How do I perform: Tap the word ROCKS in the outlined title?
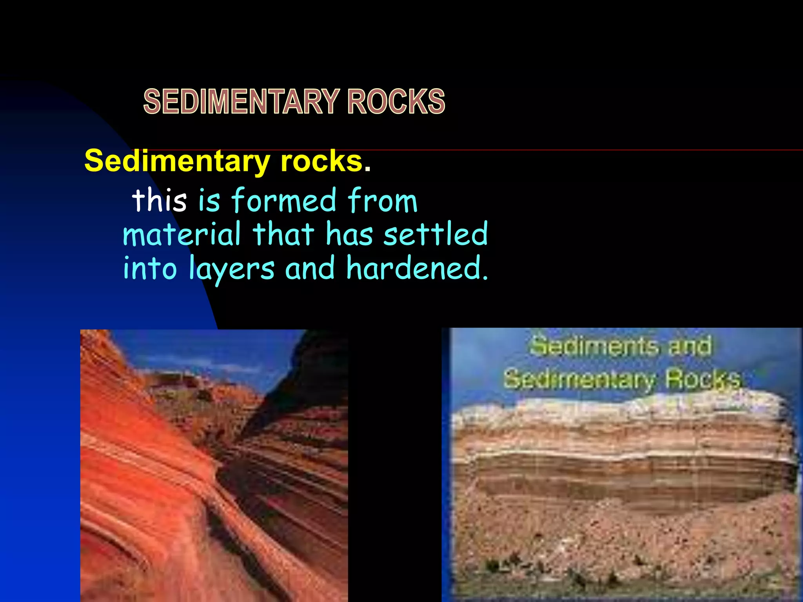396,102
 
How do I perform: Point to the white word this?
160,200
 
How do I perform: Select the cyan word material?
182,234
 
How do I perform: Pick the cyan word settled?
436,234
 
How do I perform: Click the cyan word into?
150,269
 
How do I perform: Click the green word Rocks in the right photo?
703,379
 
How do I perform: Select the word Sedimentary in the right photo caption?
579,379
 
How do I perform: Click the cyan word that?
283,234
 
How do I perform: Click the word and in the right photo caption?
690,346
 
